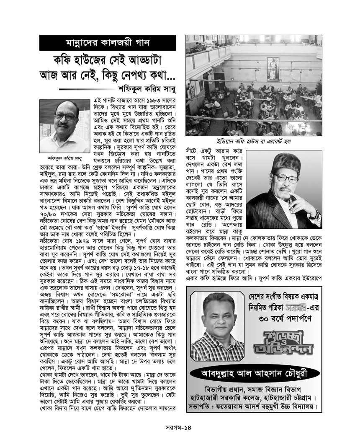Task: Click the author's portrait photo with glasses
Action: click(64, 127)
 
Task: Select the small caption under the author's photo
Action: click(64, 158)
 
